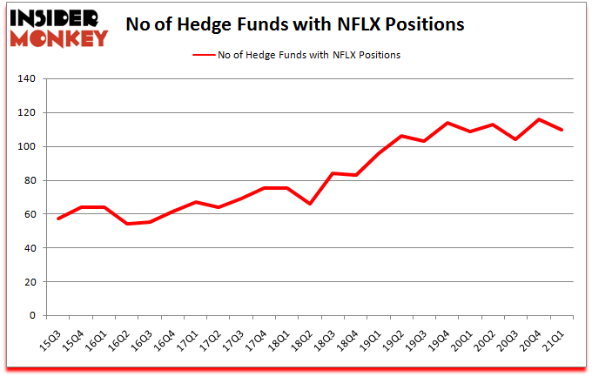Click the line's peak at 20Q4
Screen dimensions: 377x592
click(539, 119)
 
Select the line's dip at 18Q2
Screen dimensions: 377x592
click(310, 204)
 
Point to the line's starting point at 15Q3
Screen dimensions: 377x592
click(57, 219)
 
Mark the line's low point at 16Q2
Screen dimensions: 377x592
click(126, 224)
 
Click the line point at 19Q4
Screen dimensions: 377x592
click(447, 123)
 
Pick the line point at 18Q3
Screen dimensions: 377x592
click(333, 173)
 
